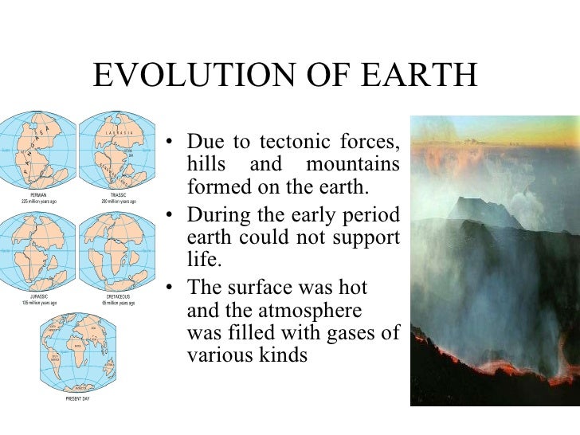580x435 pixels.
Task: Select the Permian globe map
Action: (37, 151)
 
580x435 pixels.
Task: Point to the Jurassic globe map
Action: (37, 253)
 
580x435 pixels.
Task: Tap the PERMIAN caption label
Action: (38, 194)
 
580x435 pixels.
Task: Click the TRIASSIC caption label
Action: (119, 194)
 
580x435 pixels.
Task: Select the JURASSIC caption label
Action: (38, 296)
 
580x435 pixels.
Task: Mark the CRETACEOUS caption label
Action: (119, 296)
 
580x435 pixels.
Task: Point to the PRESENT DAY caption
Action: (77, 398)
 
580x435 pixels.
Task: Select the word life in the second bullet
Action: (201, 260)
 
